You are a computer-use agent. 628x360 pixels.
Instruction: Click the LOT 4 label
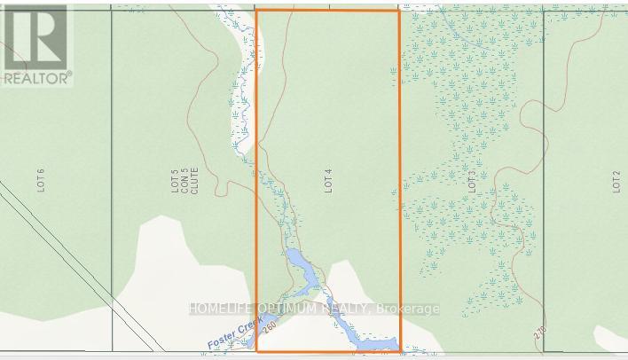(328, 182)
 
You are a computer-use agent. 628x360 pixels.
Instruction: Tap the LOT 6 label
(41, 181)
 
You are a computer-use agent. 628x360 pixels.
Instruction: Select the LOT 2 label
(616, 182)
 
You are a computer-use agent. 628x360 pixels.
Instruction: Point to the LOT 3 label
(472, 182)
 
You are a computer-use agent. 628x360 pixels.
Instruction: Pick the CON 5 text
(184, 181)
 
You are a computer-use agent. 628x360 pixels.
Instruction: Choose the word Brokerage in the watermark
(408, 309)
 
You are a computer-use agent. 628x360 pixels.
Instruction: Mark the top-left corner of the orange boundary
(256, 11)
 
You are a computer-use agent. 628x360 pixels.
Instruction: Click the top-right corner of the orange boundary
(399, 11)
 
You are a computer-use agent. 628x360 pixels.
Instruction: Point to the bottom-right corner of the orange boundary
(400, 350)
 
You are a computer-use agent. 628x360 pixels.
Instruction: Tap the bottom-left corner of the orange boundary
(256, 350)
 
